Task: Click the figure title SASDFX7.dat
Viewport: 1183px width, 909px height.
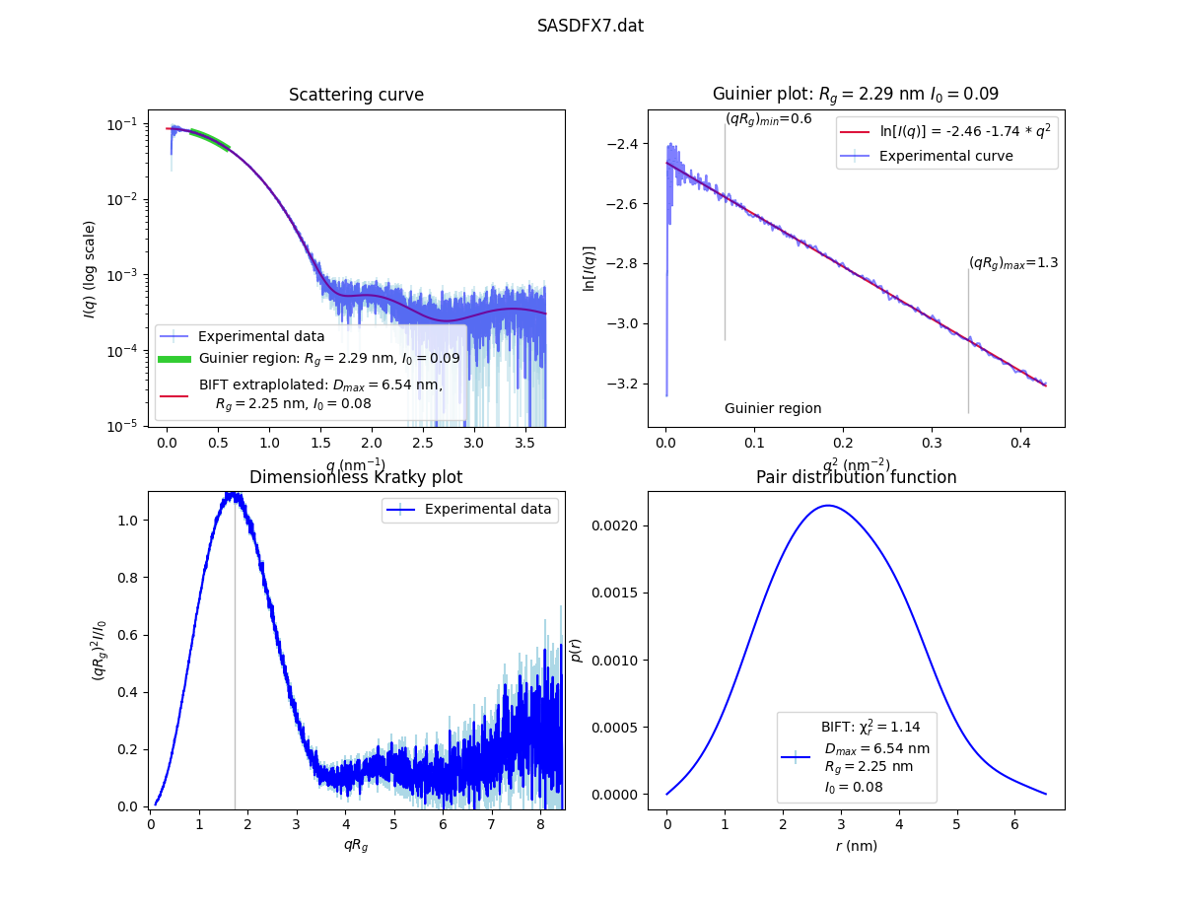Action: coord(591,26)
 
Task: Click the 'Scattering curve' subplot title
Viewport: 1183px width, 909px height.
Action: coord(356,95)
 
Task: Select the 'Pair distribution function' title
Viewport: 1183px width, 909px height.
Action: coord(856,477)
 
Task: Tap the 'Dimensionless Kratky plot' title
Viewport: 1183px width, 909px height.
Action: coord(356,477)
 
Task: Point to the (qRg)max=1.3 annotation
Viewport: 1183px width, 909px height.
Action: coord(1012,263)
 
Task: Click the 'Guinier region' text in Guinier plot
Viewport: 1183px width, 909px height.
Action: coord(773,408)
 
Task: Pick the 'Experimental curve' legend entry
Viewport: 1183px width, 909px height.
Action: coord(945,156)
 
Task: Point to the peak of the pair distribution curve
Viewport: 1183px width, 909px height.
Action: coord(827,506)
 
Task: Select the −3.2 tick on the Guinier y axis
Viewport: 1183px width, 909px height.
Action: coord(628,384)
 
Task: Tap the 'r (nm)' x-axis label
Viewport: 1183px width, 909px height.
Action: coord(856,845)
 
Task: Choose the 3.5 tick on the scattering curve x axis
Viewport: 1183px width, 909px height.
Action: coord(525,443)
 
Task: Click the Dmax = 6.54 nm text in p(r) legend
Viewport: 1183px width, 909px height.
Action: coord(876,748)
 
